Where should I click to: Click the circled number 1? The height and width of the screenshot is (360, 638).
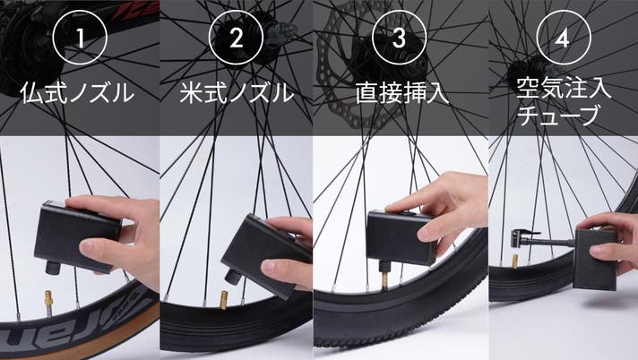(80, 38)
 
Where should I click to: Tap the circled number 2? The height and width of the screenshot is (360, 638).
(236, 38)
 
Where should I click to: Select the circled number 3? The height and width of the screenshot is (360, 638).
(399, 38)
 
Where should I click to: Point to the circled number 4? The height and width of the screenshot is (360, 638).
(564, 38)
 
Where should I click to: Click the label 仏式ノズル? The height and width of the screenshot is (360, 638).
(77, 93)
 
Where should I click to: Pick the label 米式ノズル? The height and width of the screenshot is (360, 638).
(237, 93)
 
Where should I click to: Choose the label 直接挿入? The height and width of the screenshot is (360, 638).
(402, 93)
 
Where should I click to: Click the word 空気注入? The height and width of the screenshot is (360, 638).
(564, 89)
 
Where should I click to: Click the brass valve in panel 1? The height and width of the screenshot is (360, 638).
(48, 302)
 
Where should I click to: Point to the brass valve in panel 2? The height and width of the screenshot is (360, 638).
(223, 301)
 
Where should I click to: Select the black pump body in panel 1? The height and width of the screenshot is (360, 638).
(77, 236)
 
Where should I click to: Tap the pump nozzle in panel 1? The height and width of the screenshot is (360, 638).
(53, 268)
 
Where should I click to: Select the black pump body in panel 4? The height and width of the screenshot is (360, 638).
(594, 259)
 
